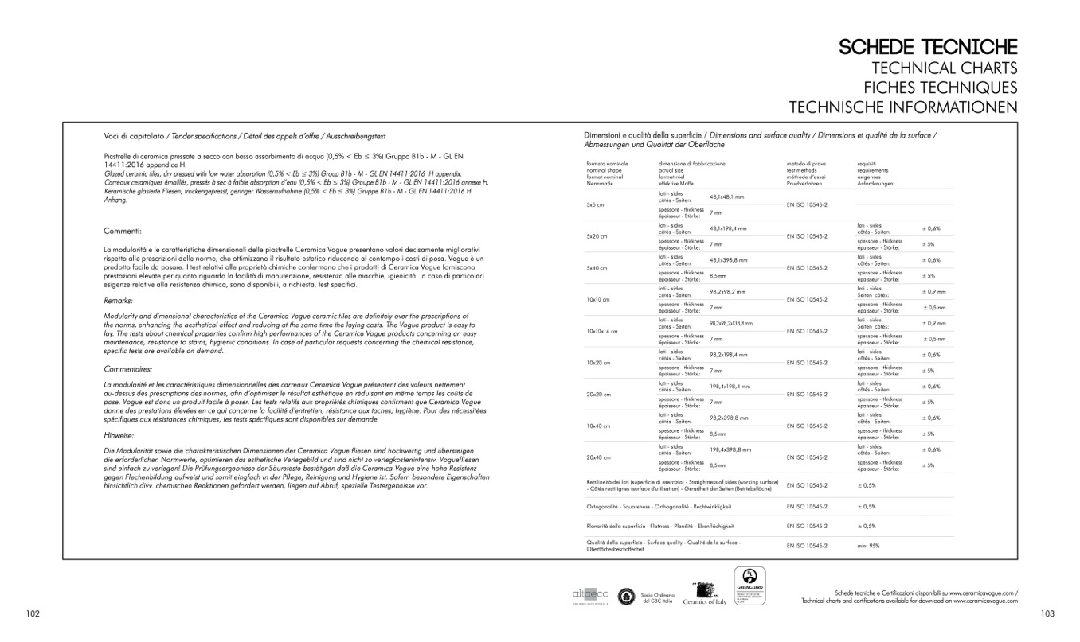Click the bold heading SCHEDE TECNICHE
928,47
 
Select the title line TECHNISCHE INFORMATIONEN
903,107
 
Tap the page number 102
33,613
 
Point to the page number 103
1047,613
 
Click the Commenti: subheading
123,231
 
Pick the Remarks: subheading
119,301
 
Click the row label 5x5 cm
597,205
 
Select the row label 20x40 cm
598,457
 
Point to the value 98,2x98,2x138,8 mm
731,324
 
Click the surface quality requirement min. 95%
869,546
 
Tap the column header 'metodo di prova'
800,163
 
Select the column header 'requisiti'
867,163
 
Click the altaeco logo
590,595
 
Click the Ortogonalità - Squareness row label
659,506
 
